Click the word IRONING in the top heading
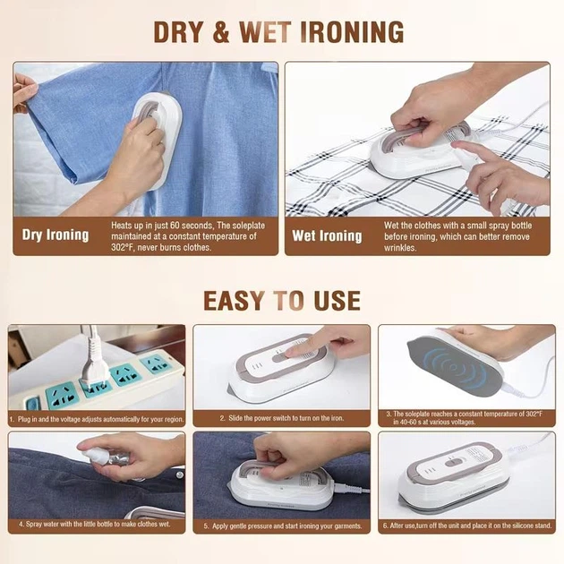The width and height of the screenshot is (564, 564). coord(352,32)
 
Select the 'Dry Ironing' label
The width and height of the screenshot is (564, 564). coord(56,235)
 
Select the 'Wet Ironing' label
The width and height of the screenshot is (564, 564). coord(327,236)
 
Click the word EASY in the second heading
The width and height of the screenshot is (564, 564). coord(234,301)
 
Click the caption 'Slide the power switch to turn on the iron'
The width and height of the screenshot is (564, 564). coord(282,418)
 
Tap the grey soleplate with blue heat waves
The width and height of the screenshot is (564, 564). coord(455,366)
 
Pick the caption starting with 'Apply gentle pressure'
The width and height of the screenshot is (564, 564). coord(283,526)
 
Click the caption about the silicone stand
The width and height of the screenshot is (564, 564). coord(467,526)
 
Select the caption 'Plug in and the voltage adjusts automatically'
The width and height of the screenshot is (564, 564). coord(97,419)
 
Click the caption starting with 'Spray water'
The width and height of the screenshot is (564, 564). coord(94,524)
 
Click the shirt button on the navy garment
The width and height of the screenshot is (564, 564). coord(179,475)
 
